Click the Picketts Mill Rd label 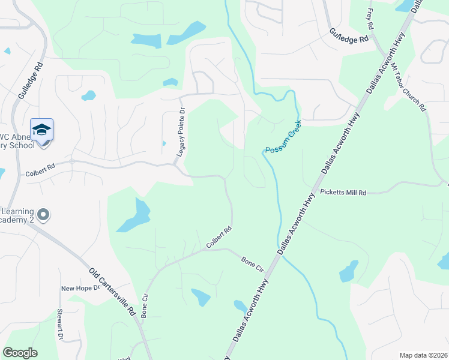[343, 193]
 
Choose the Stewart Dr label [60, 325]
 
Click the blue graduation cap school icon [42, 130]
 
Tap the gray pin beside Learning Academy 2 [43, 214]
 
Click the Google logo [20, 353]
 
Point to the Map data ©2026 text [423, 355]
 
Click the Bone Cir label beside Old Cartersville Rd [144, 306]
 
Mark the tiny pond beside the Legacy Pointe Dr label [164, 143]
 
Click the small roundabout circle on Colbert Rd [71, 161]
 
